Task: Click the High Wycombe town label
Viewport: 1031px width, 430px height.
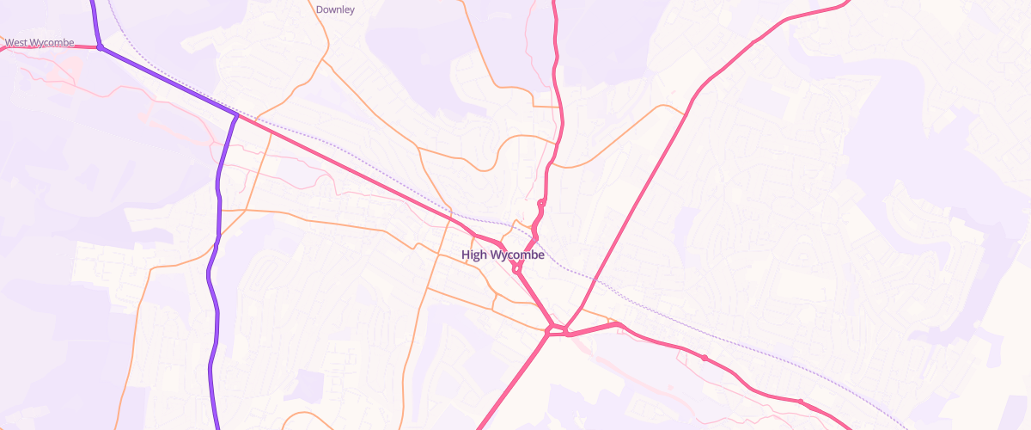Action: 503,255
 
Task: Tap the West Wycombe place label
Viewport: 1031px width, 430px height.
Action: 40,42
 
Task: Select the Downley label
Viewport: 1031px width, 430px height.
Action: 335,10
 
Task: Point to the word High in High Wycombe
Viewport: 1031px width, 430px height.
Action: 473,255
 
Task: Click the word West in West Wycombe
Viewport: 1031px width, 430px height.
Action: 19,42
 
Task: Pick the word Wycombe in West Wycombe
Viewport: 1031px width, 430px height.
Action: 54,42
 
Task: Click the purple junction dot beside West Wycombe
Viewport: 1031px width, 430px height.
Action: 101,47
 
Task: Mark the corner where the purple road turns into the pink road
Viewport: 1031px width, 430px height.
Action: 236,114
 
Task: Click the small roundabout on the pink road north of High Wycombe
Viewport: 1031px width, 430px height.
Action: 541,203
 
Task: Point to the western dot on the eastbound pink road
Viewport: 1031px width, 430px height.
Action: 705,358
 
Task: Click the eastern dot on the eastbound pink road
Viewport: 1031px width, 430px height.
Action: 800,401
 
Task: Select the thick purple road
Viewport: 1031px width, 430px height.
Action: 212,284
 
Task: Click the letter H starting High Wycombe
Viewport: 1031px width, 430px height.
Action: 466,255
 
